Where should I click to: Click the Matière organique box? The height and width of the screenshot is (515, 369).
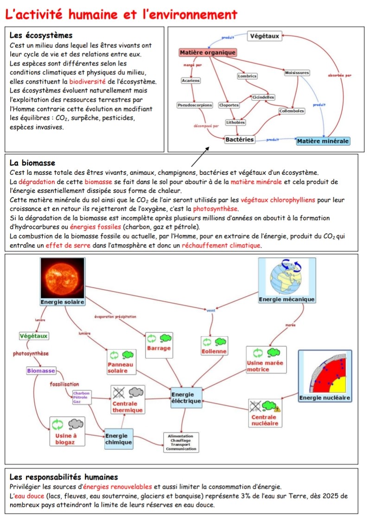(x=208, y=52)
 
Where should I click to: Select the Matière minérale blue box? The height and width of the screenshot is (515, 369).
(x=323, y=141)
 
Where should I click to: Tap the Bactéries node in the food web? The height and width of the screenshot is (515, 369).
(x=240, y=140)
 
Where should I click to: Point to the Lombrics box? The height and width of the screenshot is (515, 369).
(x=247, y=76)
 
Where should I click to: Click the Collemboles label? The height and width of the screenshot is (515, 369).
(x=292, y=111)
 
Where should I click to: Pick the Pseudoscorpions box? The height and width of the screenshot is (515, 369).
(x=195, y=105)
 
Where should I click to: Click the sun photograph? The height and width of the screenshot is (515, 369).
(x=63, y=278)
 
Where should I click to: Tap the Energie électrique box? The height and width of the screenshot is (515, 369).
(x=186, y=398)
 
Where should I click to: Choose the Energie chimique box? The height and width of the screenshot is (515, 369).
(x=119, y=439)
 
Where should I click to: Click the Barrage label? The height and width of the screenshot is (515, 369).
(x=159, y=348)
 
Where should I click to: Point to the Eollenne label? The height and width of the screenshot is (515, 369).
(x=214, y=351)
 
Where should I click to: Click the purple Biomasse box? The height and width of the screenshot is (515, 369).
(x=41, y=371)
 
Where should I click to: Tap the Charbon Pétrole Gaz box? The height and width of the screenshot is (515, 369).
(x=82, y=397)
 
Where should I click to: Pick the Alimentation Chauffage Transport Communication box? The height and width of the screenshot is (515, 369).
(x=181, y=442)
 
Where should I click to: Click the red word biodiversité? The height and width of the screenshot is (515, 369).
(x=88, y=82)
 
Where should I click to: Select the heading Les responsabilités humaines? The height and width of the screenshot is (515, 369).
(x=64, y=477)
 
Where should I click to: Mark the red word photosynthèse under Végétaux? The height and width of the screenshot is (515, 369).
(x=31, y=354)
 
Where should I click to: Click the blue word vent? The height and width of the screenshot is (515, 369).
(x=211, y=311)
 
